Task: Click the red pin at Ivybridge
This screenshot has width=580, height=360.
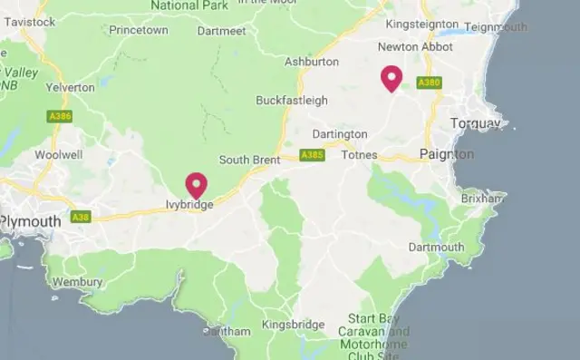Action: (x=196, y=185)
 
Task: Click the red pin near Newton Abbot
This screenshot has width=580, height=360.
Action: (x=391, y=78)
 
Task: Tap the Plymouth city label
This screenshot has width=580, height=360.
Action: (x=31, y=221)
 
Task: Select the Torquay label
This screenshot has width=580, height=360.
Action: (x=475, y=122)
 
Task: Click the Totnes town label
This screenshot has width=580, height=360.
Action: (x=359, y=155)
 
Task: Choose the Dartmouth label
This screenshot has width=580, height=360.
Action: (x=436, y=247)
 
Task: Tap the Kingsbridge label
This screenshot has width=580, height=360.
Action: (x=293, y=324)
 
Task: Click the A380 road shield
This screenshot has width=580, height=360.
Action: (x=429, y=83)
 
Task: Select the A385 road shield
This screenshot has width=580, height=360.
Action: (x=312, y=155)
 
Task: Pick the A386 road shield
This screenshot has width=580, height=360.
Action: (x=60, y=116)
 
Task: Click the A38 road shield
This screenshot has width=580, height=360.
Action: (x=81, y=218)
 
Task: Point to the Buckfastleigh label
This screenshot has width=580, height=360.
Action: (x=291, y=100)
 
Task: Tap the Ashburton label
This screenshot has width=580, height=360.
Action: (x=311, y=62)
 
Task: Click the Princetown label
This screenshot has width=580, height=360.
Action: (x=139, y=30)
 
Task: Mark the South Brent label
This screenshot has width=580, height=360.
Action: (x=249, y=160)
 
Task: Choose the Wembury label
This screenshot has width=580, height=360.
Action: (x=78, y=282)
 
